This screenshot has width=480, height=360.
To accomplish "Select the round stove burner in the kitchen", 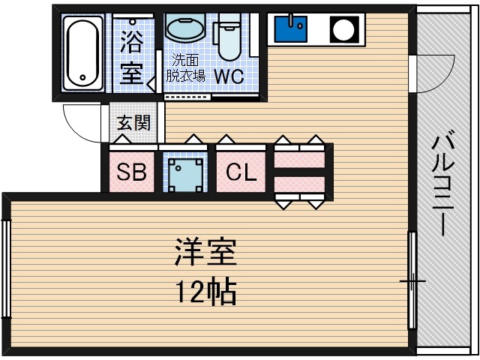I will (x=344, y=30).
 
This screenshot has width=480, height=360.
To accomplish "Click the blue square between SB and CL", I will (x=184, y=172).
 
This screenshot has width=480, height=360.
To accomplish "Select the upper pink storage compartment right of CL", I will (x=299, y=159).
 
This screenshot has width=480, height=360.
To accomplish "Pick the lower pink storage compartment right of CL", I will (x=299, y=184).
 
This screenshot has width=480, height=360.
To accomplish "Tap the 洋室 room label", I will (x=205, y=253).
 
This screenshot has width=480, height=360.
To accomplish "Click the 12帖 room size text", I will (x=205, y=290).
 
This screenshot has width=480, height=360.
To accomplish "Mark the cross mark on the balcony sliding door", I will (x=412, y=282).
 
